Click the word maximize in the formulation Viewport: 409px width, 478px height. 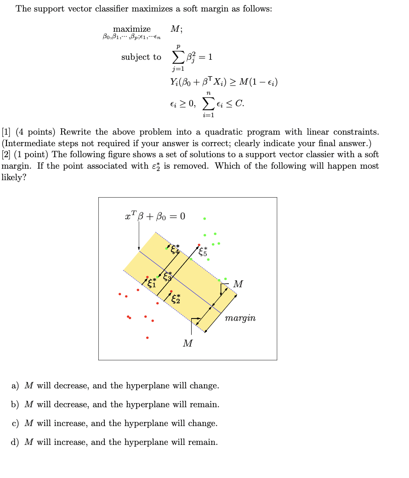click(131, 29)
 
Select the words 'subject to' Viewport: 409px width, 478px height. click(141, 57)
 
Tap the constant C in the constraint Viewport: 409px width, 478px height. click(238, 103)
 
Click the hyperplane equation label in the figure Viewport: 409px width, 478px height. click(155, 216)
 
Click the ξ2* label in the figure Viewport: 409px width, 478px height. click(176, 299)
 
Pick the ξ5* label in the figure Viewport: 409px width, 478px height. click(203, 251)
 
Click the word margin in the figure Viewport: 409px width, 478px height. click(240, 318)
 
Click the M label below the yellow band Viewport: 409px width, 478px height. click(187, 343)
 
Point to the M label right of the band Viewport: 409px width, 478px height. click(238, 284)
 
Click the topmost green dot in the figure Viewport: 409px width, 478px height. click(204, 218)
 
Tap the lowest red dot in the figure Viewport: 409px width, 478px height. click(147, 338)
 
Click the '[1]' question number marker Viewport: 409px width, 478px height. click(6, 132)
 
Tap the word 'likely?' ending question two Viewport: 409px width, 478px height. click(14, 177)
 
